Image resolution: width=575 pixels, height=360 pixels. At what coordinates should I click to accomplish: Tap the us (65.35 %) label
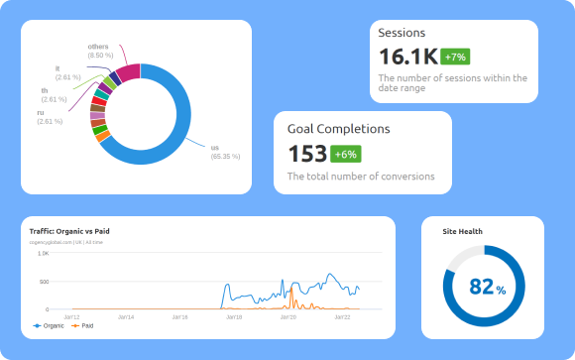224,152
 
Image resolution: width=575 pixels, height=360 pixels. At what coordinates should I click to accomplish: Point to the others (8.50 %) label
99,51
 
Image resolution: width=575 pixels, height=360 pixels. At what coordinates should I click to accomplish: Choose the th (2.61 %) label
54,95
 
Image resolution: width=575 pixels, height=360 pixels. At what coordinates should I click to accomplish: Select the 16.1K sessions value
407,57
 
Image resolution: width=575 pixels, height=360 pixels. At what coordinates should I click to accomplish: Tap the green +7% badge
456,57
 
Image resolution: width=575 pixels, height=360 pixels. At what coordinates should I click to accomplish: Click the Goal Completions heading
338,129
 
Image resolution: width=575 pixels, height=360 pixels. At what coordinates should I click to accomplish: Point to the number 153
307,154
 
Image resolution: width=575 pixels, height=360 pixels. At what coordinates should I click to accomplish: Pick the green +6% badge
346,154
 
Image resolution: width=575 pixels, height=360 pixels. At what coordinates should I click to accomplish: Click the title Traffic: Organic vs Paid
69,231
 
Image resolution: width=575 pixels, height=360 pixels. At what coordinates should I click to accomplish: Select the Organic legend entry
49,325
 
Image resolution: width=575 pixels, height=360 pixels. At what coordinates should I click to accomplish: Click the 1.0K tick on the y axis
44,254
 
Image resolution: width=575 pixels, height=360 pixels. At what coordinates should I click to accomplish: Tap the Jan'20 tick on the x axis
288,316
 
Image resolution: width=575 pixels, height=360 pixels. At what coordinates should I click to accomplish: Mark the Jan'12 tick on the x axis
72,316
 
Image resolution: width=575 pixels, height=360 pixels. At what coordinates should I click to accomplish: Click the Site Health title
462,231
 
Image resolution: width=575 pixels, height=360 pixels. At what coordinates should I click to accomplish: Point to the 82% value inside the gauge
487,287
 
